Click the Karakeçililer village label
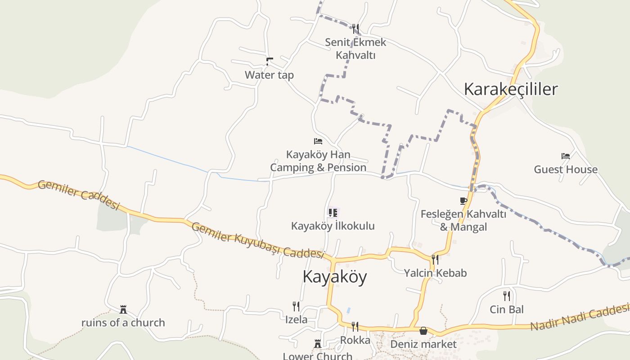510,89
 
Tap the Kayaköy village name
334,276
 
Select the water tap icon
269,62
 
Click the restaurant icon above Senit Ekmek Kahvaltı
355,29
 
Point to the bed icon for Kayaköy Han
318,141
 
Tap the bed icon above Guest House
566,156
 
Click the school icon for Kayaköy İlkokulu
333,212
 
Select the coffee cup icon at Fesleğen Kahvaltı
463,201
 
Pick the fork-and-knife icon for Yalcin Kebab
435,259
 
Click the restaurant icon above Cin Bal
507,296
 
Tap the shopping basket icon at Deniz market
423,331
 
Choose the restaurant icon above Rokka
355,326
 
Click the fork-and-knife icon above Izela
296,306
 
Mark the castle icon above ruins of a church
123,309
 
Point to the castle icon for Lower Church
318,344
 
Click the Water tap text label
269,75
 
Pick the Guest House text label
566,170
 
